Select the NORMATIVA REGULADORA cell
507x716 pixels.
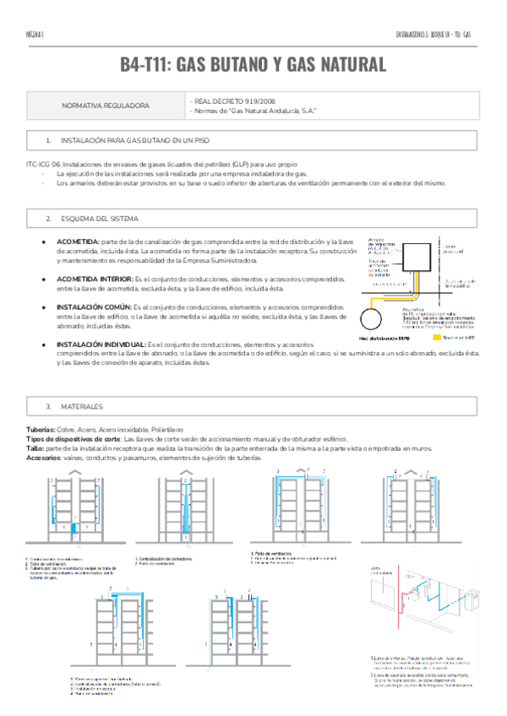[x=106, y=106]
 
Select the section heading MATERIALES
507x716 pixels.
[x=82, y=406]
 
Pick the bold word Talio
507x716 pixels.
[x=35, y=448]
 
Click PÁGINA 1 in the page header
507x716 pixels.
[x=35, y=35]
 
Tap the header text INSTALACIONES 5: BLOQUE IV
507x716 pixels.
[x=422, y=35]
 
